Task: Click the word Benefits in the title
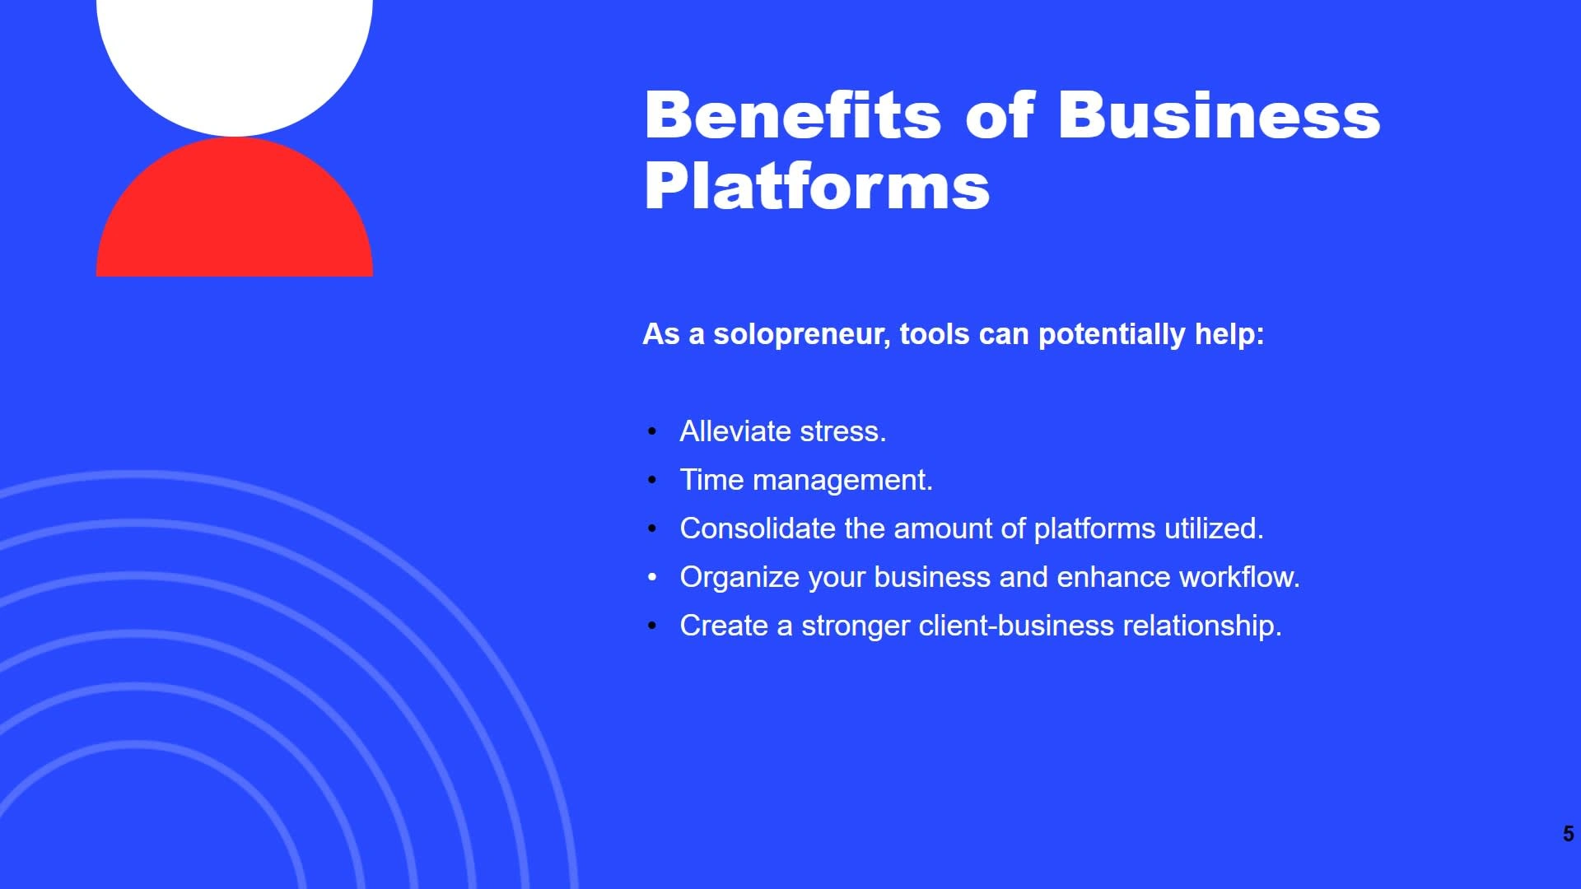coord(793,114)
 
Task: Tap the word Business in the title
coord(1219,114)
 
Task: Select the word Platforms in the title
coord(817,186)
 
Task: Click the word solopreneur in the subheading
coord(802,334)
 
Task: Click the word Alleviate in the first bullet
coord(736,431)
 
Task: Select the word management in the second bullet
coord(842,481)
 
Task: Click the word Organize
coord(739,578)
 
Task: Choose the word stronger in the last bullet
coord(856,626)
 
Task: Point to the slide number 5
coord(1568,834)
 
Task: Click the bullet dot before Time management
coord(652,480)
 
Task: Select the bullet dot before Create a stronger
coord(652,626)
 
